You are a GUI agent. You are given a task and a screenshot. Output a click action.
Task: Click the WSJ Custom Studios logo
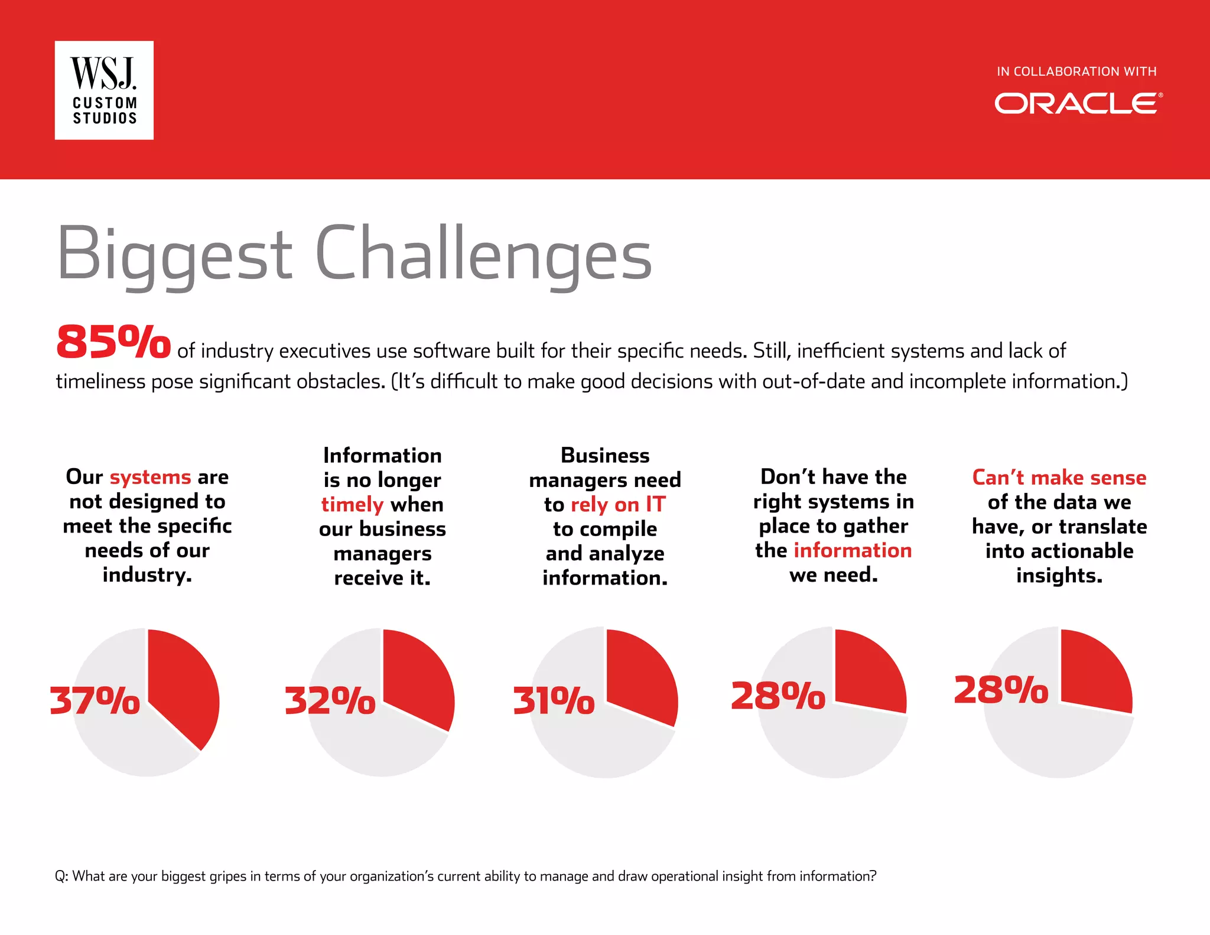(x=104, y=90)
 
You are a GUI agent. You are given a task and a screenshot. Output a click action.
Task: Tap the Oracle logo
(x=1078, y=103)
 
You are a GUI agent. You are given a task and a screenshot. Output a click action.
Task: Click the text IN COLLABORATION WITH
(x=1076, y=72)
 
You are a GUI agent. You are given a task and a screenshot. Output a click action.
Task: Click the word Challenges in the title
(x=483, y=254)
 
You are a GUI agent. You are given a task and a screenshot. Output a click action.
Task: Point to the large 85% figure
(x=113, y=342)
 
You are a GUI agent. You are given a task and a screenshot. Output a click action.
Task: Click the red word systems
(x=150, y=477)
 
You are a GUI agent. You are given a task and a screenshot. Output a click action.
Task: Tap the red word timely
(x=352, y=505)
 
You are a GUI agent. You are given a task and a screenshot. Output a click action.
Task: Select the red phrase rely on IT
(x=618, y=505)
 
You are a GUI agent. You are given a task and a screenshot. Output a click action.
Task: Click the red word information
(x=852, y=551)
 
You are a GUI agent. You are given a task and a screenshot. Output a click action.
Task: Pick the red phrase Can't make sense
(x=1059, y=478)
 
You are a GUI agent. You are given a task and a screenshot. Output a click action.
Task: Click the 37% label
(x=95, y=701)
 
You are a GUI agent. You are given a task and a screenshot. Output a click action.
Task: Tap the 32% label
(x=330, y=701)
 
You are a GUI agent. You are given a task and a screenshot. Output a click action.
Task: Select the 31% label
(x=554, y=701)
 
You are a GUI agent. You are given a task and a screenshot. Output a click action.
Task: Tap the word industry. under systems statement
(x=147, y=575)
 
